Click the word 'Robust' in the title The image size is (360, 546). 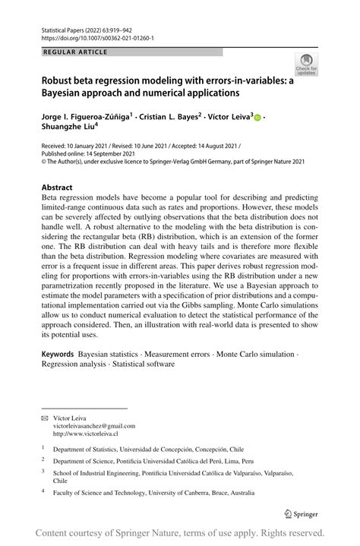coord(62,79)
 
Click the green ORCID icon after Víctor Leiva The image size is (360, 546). coord(257,118)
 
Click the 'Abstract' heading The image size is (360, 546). coord(58,187)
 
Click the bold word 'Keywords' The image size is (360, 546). coord(58,354)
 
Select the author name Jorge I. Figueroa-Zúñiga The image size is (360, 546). coord(86,117)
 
